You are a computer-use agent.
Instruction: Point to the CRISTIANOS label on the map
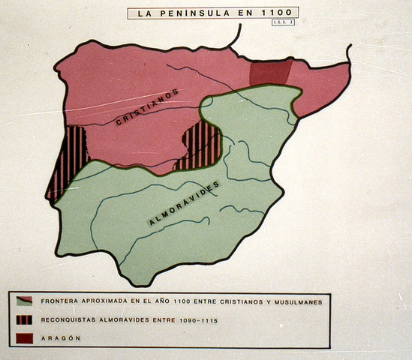[x=148, y=112]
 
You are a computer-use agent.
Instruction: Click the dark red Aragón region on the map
[x=270, y=73]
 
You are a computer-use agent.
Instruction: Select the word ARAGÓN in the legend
[x=62, y=338]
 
